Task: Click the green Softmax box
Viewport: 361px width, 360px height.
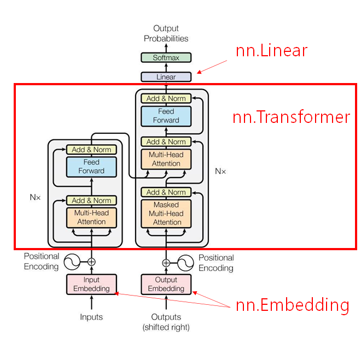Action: click(166, 57)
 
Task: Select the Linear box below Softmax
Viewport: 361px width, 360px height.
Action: click(166, 77)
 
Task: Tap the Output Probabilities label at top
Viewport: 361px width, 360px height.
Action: click(166, 33)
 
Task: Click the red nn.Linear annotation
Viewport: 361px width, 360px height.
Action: click(271, 51)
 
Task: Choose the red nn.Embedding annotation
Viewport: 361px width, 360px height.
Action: click(292, 305)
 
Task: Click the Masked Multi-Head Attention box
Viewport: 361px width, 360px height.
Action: click(166, 214)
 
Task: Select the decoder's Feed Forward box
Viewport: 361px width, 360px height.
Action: click(166, 116)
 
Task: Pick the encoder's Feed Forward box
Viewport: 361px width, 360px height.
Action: click(91, 167)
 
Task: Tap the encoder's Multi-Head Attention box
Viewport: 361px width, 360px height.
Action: click(91, 217)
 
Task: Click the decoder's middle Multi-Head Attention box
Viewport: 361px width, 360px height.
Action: click(166, 159)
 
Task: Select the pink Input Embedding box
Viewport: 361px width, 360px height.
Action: click(91, 284)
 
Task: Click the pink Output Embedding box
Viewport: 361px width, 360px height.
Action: click(166, 284)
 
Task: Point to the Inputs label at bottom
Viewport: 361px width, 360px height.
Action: click(91, 317)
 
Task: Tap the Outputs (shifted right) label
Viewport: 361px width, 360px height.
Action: click(166, 322)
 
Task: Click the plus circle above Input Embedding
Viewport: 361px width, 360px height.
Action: click(91, 262)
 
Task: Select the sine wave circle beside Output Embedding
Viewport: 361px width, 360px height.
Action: click(186, 262)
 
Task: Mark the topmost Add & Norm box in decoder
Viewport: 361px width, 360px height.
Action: click(166, 98)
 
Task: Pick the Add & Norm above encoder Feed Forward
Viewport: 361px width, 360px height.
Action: click(91, 150)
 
